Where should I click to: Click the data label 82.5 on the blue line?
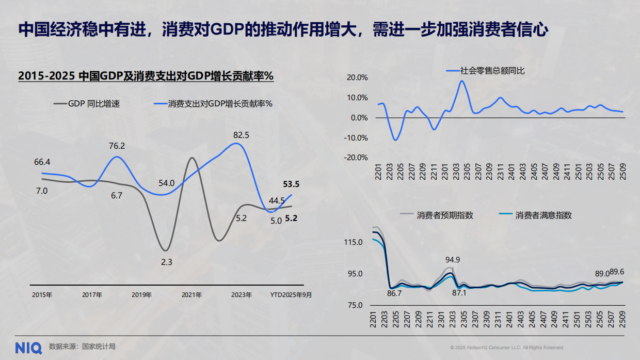(241, 135)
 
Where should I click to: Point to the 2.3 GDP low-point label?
(166, 262)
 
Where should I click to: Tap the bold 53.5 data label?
(291, 184)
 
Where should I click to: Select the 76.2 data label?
(117, 146)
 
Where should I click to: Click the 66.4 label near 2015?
(42, 162)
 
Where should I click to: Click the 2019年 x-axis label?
(141, 295)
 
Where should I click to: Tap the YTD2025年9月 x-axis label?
(291, 295)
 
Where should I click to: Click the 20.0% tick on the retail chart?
(357, 77)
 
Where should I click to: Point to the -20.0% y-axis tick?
(356, 158)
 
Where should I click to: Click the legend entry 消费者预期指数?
(444, 215)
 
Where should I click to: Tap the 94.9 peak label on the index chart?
(453, 259)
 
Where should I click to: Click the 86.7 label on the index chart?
(394, 293)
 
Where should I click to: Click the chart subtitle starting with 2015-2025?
(146, 76)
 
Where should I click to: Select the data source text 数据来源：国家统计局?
(82, 347)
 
